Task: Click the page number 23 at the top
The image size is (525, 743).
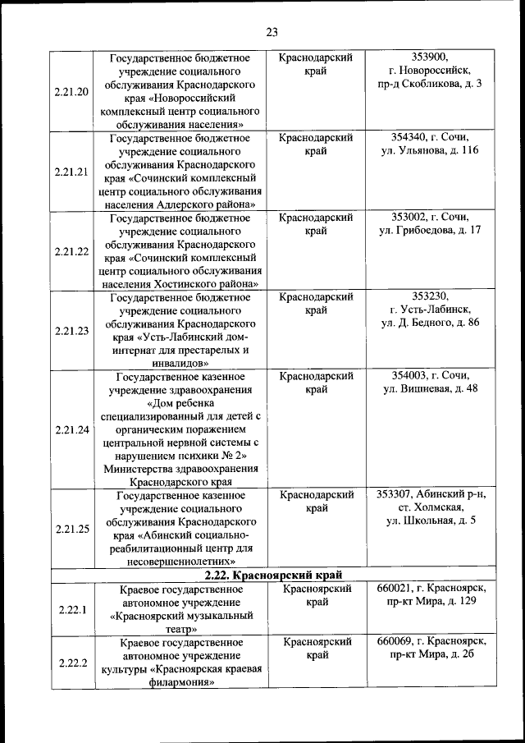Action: click(272, 33)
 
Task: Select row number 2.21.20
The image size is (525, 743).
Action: click(71, 91)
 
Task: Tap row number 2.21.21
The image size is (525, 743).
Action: click(71, 172)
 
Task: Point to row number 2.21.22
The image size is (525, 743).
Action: click(71, 251)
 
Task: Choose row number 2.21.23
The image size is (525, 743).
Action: click(71, 331)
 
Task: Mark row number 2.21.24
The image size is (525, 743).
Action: click(71, 429)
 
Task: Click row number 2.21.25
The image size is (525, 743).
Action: click(71, 528)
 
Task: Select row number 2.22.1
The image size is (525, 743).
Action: click(71, 609)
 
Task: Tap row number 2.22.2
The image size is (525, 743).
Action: click(71, 663)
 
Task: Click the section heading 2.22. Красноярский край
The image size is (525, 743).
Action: click(272, 575)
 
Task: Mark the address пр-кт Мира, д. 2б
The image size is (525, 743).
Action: click(432, 655)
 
